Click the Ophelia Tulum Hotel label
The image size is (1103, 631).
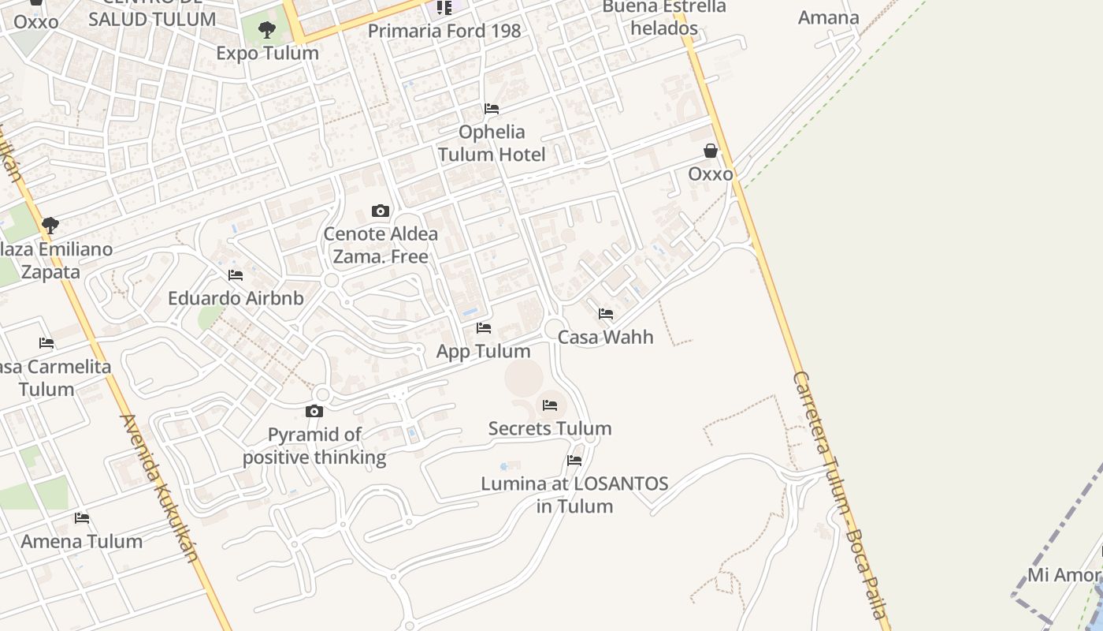coord(492,143)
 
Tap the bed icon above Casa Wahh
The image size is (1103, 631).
coord(606,314)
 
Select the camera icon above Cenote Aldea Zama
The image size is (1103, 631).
coord(381,211)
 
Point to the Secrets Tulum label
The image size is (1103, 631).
coord(550,428)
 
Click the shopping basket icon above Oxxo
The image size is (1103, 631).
coord(711,151)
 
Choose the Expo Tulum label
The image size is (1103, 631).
coord(267,53)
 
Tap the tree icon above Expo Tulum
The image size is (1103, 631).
coord(267,31)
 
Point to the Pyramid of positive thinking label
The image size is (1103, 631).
coord(314,446)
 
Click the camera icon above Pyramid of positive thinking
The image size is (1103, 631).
coord(314,412)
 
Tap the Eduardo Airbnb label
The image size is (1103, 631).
coord(236,298)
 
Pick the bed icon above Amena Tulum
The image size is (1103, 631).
coord(82,518)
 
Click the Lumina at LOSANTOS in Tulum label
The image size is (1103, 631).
coord(574,495)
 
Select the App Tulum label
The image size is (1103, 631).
coord(484,351)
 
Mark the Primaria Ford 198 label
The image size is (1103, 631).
coord(444,31)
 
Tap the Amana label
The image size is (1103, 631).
coord(828,17)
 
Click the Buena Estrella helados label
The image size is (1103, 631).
coord(664,18)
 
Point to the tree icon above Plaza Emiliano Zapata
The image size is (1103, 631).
coord(50,226)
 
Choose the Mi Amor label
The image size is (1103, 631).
coord(1064,574)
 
